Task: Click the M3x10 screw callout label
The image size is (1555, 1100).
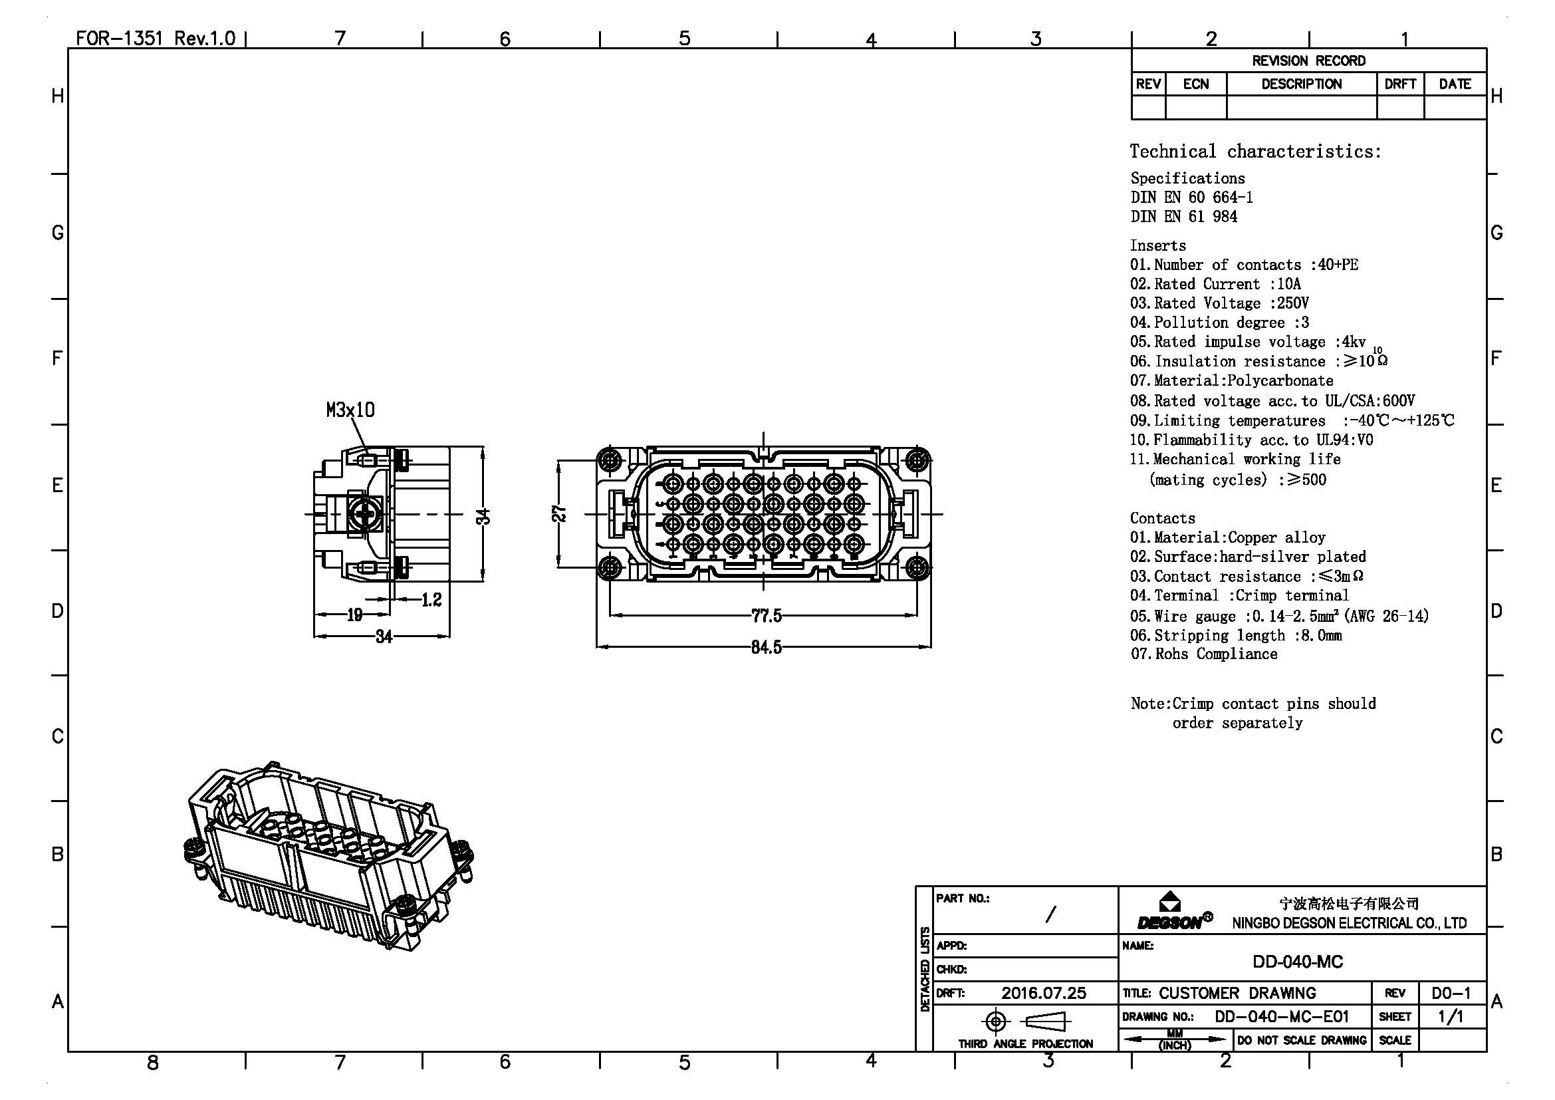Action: click(x=350, y=410)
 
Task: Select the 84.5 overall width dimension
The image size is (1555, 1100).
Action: click(x=766, y=647)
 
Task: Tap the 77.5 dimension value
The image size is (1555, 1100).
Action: click(x=766, y=616)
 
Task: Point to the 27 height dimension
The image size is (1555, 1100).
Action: click(x=559, y=513)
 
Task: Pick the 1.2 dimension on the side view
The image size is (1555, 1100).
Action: click(x=431, y=599)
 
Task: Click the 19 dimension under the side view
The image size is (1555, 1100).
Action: click(x=354, y=615)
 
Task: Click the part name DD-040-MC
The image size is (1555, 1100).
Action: click(x=1297, y=962)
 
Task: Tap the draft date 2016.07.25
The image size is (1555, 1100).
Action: click(x=1043, y=993)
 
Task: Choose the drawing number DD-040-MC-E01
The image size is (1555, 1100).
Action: click(x=1281, y=1017)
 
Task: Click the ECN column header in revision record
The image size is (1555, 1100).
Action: click(x=1195, y=84)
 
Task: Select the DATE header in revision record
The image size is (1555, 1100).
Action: click(x=1455, y=84)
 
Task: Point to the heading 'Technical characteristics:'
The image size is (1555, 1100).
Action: click(x=1255, y=151)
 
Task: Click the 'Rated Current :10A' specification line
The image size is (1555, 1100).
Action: click(x=1216, y=284)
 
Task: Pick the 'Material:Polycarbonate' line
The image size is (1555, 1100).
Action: click(x=1231, y=380)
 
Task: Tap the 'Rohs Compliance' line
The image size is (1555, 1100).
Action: click(x=1204, y=654)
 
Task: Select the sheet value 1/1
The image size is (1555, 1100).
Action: click(x=1451, y=1017)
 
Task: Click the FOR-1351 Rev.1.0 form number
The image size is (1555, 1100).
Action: click(x=155, y=38)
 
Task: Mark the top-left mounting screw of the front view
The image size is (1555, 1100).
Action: click(x=610, y=460)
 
